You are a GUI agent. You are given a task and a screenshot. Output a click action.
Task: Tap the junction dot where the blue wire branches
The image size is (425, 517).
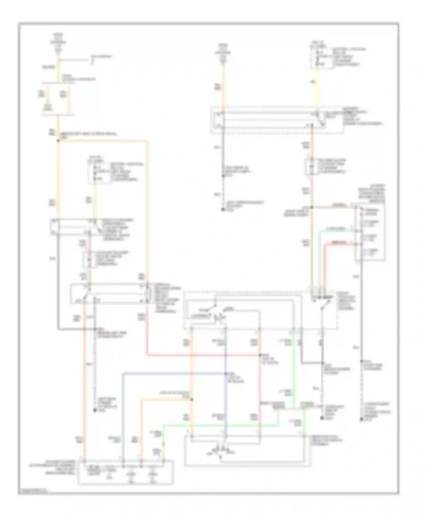[x=226, y=374]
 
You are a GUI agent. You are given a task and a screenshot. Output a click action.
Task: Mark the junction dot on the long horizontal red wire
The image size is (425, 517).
[x=260, y=355]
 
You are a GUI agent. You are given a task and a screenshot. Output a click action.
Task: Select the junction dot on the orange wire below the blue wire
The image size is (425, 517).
[x=192, y=399]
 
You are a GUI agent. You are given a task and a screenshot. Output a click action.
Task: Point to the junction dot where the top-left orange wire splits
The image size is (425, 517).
[x=58, y=141]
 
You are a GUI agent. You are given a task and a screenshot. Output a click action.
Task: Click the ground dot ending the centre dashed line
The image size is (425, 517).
[x=223, y=210]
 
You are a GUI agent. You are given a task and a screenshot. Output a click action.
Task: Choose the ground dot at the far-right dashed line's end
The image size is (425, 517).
[x=362, y=420]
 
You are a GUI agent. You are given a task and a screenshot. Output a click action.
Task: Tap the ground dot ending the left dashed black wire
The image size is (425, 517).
[x=95, y=410]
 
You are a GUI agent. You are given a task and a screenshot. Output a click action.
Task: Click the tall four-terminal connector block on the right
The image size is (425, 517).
[x=370, y=232]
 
